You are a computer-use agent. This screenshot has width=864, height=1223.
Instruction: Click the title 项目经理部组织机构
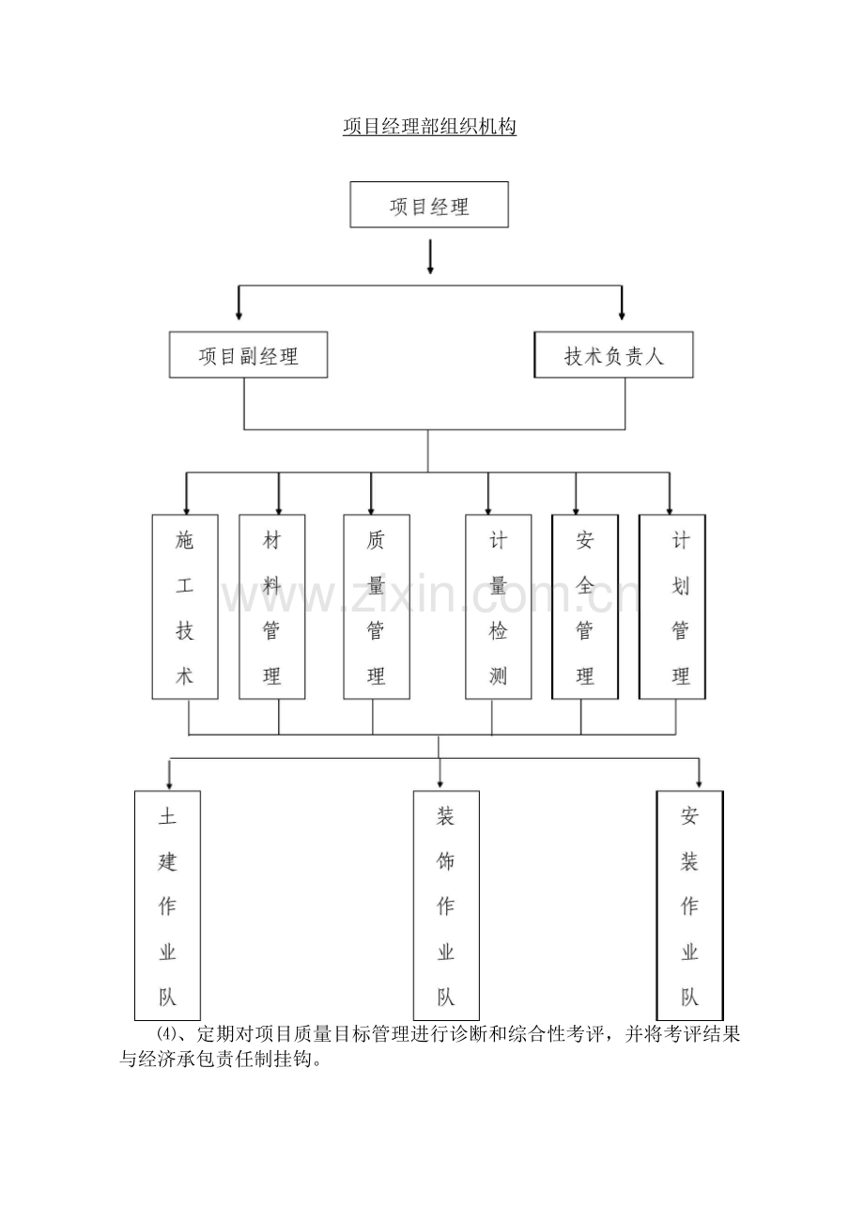[x=429, y=127]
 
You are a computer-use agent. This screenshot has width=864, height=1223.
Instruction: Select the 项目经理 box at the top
[x=429, y=205]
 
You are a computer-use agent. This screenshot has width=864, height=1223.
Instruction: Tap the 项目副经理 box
[x=249, y=355]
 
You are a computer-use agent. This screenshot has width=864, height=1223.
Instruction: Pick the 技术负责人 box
[x=613, y=355]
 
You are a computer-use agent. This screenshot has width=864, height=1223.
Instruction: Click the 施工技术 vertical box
[x=185, y=607]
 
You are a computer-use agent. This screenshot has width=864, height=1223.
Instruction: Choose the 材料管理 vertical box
[x=272, y=607]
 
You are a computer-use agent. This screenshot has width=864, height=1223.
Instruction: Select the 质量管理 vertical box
[x=377, y=607]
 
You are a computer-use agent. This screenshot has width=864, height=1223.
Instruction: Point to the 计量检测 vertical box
[x=498, y=607]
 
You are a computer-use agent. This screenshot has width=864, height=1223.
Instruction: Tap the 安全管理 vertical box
[x=585, y=607]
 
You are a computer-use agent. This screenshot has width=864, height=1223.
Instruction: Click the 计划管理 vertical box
[x=672, y=607]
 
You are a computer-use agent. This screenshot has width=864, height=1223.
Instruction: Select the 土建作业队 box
[x=168, y=906]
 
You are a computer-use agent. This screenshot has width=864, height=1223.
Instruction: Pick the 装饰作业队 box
[x=446, y=906]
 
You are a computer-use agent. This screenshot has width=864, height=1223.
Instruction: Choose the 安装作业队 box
[x=689, y=906]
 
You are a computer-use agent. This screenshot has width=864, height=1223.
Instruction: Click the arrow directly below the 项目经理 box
[x=430, y=257]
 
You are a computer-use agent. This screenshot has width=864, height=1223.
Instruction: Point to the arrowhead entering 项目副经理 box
[x=239, y=314]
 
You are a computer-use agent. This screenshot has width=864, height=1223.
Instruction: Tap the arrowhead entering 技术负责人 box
[x=622, y=314]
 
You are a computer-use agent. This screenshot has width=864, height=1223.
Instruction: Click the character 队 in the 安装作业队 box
[x=689, y=997]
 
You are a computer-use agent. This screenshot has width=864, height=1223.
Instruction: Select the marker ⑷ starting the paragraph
[x=166, y=1034]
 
